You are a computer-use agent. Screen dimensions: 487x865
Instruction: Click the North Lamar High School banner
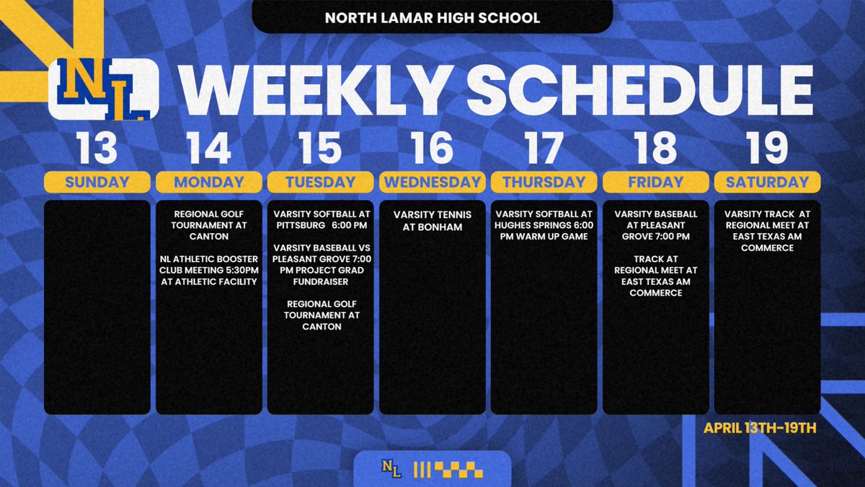click(x=432, y=17)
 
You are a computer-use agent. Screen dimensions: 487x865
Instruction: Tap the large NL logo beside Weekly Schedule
click(x=103, y=89)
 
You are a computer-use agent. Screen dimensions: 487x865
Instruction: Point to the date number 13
click(x=97, y=147)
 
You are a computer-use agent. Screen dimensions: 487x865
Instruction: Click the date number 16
click(x=432, y=147)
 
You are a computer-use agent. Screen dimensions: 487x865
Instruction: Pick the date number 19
click(x=767, y=147)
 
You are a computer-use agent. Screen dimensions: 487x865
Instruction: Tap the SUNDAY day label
click(x=97, y=182)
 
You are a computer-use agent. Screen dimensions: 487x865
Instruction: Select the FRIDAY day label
click(x=655, y=182)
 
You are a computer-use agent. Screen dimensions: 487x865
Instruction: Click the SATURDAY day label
click(x=767, y=182)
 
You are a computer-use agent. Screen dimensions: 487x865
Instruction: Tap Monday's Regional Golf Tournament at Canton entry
click(x=209, y=225)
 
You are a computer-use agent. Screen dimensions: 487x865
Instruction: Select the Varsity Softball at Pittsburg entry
click(x=320, y=220)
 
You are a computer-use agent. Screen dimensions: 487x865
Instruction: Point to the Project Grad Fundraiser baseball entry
click(x=320, y=264)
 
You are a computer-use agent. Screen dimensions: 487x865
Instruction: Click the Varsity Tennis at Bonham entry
click(x=432, y=220)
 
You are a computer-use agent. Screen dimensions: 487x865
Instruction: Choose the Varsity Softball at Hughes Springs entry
click(x=544, y=225)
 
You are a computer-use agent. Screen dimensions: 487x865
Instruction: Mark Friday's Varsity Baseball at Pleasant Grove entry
click(x=655, y=225)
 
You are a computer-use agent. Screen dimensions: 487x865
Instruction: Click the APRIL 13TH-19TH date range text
click(x=760, y=428)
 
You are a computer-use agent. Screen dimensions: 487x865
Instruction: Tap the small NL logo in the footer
click(x=391, y=470)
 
